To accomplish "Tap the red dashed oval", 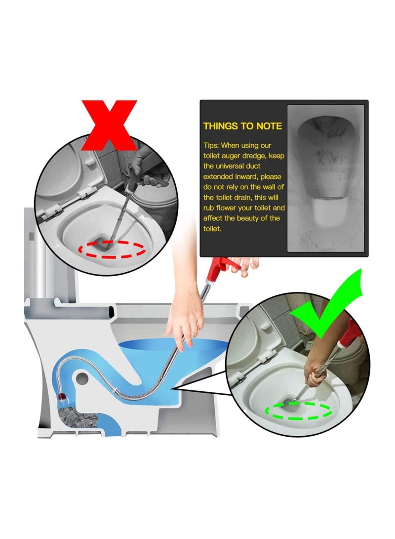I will coord(113,249).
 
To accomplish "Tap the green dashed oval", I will coord(298,410).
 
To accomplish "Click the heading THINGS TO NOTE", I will coord(242,126).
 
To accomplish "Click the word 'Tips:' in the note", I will coord(212,145).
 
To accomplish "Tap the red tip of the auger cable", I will coord(62,396).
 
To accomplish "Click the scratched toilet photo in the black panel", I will coord(326,178).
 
